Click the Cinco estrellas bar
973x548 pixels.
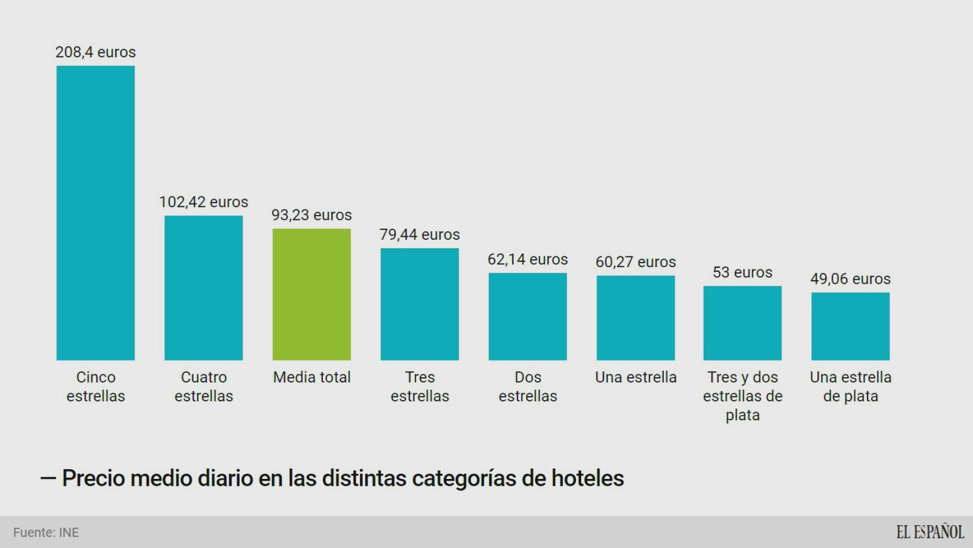(95, 212)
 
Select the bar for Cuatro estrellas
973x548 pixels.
(204, 288)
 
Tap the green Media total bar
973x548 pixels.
(311, 294)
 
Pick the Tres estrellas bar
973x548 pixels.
(420, 304)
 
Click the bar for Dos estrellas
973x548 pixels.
(528, 316)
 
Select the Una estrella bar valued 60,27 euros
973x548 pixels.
(635, 317)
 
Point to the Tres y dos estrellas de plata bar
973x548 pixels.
(742, 323)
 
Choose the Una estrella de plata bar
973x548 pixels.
(850, 326)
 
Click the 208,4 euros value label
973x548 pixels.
(95, 52)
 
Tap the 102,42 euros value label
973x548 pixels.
(204, 202)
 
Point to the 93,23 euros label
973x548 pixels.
(311, 215)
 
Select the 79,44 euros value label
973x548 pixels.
(420, 235)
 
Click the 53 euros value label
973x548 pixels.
(742, 272)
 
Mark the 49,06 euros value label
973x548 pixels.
(850, 279)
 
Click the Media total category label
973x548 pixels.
(311, 377)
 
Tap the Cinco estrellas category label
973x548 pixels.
(95, 386)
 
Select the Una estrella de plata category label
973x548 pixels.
(850, 386)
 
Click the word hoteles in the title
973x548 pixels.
(587, 478)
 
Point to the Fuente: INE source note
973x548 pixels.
(46, 533)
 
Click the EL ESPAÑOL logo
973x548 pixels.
(930, 532)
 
